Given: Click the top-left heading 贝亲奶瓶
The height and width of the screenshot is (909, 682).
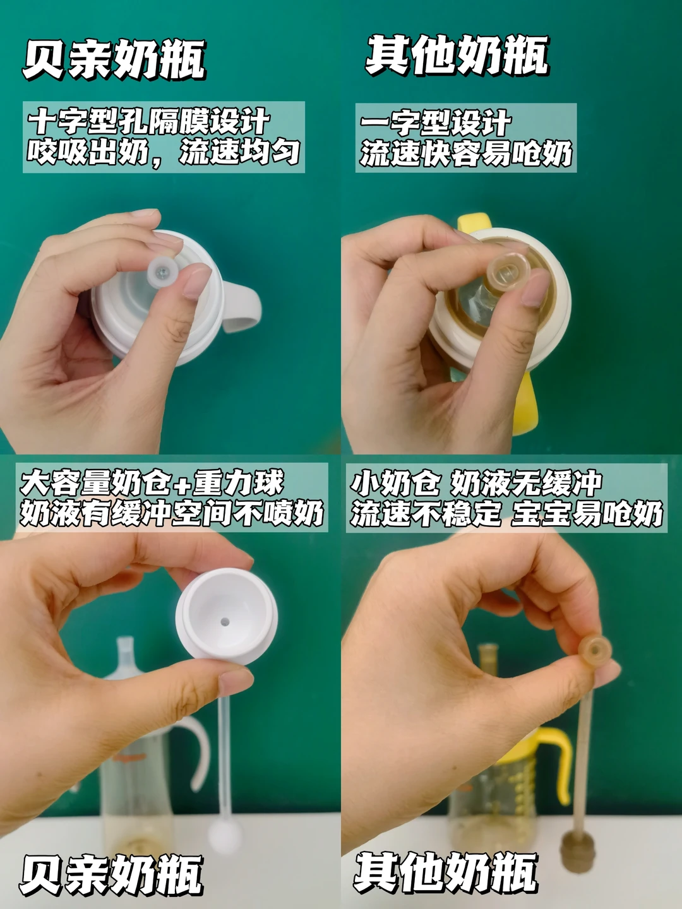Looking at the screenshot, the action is pyautogui.click(x=114, y=59).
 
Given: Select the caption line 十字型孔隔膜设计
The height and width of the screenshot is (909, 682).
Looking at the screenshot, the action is pyautogui.click(x=148, y=122).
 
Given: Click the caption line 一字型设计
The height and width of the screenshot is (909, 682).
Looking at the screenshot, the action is pyautogui.click(x=435, y=123).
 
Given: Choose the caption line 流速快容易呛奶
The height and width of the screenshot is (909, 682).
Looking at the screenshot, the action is pyautogui.click(x=466, y=153).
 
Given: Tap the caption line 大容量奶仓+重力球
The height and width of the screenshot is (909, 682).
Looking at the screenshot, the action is pyautogui.click(x=152, y=482).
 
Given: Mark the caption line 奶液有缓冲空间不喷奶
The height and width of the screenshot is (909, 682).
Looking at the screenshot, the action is pyautogui.click(x=171, y=513).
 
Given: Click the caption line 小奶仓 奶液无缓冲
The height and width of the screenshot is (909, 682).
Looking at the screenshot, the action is pyautogui.click(x=476, y=482).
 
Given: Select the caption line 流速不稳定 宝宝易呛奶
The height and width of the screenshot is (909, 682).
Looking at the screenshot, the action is pyautogui.click(x=506, y=513).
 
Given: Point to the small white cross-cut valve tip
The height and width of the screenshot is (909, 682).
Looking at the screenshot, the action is pyautogui.click(x=162, y=271).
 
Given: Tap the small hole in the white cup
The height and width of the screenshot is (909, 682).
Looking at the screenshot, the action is pyautogui.click(x=225, y=622).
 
